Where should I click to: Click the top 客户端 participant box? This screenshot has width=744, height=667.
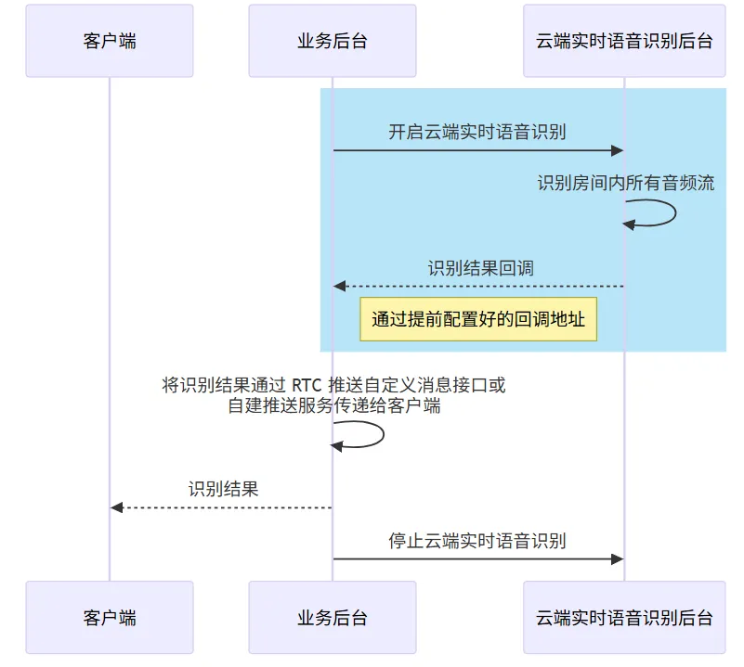pos(110,41)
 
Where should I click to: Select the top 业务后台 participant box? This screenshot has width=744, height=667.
pos(333,41)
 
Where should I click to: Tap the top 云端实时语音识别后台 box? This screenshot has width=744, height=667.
pos(624,41)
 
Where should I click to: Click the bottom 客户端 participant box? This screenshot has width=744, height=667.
pos(110,617)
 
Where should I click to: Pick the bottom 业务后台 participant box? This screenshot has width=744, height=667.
pos(333,617)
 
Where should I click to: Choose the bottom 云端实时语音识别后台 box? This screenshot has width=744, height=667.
pos(624,617)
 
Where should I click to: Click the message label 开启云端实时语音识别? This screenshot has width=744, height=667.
pos(477,132)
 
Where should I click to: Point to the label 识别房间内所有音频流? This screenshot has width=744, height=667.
pos(625,183)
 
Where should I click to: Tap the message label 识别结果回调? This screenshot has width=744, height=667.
pos(480,268)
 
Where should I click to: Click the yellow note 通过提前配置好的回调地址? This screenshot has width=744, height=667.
pos(478,320)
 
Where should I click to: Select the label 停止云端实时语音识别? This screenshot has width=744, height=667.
pos(477,541)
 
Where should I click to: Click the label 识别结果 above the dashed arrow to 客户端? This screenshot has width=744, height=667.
pos(223,489)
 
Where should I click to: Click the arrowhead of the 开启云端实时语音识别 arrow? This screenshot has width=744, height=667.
pos(616,150)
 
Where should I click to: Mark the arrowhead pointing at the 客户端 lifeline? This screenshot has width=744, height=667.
pos(117,507)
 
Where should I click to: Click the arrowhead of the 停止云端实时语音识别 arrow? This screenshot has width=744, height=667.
pos(616,558)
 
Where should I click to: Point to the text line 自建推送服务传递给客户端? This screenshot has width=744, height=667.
pos(334,405)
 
